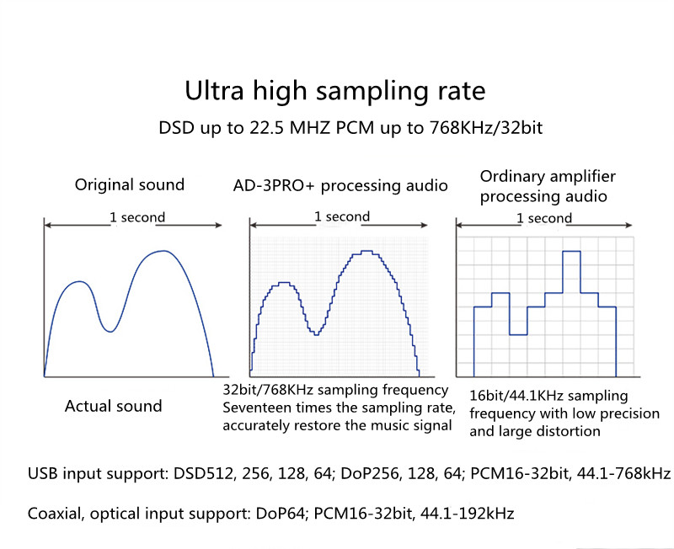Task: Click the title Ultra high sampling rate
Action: pos(335,91)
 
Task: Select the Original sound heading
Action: pos(130,184)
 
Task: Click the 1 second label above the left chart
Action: pos(137,217)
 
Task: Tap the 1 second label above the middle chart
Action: pos(342,216)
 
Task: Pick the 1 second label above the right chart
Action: pos(544,218)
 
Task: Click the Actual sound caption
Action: pos(113,406)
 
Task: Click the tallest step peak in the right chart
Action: pos(571,252)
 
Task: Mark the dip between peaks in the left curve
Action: pos(109,331)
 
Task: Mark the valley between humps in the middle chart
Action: pos(316,334)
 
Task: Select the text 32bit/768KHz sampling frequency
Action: pos(334,391)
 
